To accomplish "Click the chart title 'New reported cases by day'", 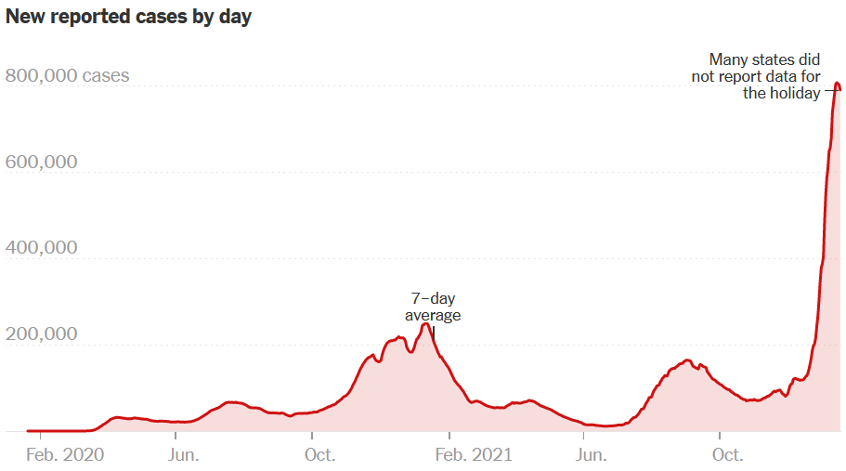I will (x=128, y=17).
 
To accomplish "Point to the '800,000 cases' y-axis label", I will (x=68, y=76).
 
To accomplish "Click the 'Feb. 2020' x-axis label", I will (x=64, y=455).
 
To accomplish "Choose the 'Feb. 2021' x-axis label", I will (x=474, y=455).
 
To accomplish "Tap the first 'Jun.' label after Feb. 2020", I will (x=183, y=455).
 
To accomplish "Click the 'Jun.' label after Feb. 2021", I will (x=592, y=455).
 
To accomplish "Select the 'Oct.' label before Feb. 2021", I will (x=320, y=455).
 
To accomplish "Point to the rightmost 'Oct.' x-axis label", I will (x=727, y=455).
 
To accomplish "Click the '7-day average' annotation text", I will (x=433, y=307).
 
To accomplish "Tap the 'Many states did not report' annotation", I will (x=756, y=75).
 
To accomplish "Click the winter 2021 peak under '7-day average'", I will (x=426, y=324).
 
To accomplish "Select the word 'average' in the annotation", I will (x=433, y=315).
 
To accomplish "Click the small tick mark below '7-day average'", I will (x=433, y=332).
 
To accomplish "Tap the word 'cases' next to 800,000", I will (x=106, y=76).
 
